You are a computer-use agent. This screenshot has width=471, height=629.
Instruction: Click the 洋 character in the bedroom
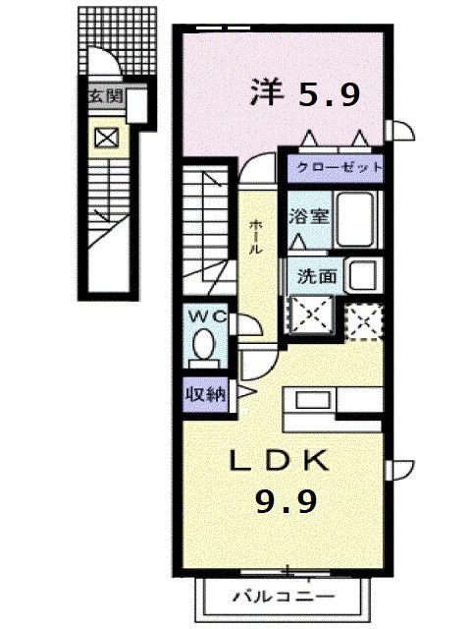(266, 92)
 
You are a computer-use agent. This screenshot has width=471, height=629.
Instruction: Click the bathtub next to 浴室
(359, 220)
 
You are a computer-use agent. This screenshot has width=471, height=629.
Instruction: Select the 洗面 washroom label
(316, 276)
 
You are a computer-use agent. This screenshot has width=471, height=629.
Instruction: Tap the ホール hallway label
(255, 236)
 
